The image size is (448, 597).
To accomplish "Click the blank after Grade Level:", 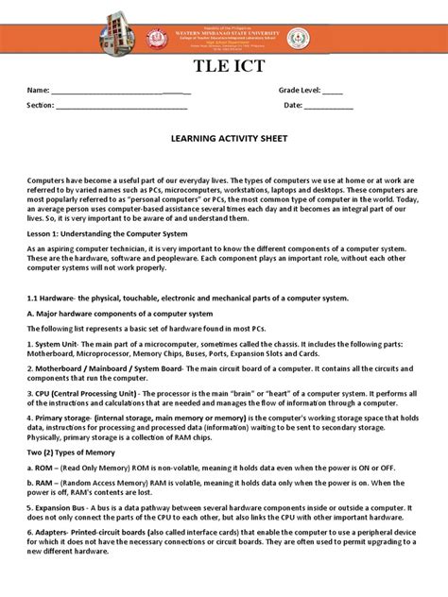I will click(332, 91).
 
